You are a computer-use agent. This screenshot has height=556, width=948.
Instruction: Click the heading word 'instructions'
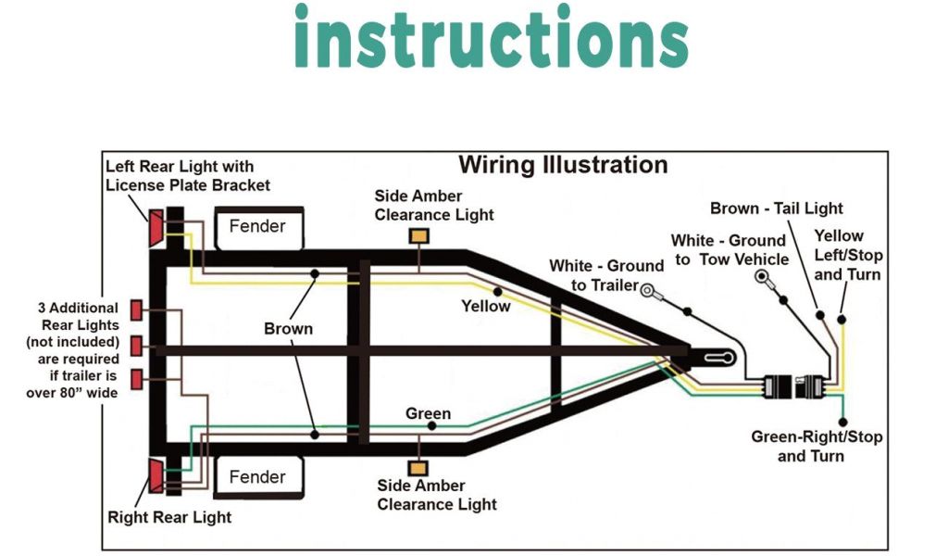pyautogui.click(x=491, y=37)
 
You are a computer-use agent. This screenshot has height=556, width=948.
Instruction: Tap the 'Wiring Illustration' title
pyautogui.click(x=563, y=165)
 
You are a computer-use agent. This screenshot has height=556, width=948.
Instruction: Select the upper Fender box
pyautogui.click(x=257, y=226)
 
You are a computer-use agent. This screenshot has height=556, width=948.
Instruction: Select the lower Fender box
pyautogui.click(x=257, y=477)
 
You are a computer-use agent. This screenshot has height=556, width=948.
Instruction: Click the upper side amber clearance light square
pyautogui.click(x=418, y=235)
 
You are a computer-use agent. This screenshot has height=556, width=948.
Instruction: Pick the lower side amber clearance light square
pyautogui.click(x=418, y=469)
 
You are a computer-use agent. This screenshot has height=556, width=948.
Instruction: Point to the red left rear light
pyautogui.click(x=156, y=228)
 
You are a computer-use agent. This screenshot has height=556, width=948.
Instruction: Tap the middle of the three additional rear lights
pyautogui.click(x=136, y=345)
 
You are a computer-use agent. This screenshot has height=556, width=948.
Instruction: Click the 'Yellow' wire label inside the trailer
pyautogui.click(x=486, y=306)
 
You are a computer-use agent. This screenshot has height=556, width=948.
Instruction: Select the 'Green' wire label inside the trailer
pyautogui.click(x=428, y=413)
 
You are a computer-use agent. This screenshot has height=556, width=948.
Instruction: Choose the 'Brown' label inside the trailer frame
pyautogui.click(x=288, y=329)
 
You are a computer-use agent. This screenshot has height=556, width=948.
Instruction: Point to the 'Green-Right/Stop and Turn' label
pyautogui.click(x=817, y=446)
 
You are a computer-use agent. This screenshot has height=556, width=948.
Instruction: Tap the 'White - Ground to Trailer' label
pyautogui.click(x=606, y=275)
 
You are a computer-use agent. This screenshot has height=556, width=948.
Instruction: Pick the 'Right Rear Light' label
pyautogui.click(x=169, y=516)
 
